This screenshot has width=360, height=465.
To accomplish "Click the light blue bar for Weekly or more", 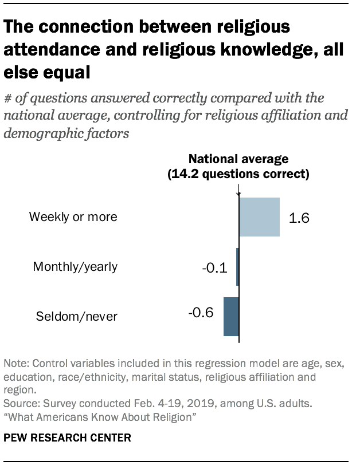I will [259, 217].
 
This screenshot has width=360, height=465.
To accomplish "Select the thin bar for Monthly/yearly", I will [237, 266].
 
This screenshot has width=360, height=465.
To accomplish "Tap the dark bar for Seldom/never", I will [231, 316].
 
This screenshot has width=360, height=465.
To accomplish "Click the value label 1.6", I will [299, 218].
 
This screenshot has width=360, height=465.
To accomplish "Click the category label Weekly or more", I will [73, 217].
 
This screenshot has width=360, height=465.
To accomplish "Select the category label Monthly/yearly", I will [75, 266].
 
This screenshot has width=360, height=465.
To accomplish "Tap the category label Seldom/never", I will [77, 316].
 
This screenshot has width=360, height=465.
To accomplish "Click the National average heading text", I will [238, 159].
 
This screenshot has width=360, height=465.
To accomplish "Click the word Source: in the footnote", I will [21, 404].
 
